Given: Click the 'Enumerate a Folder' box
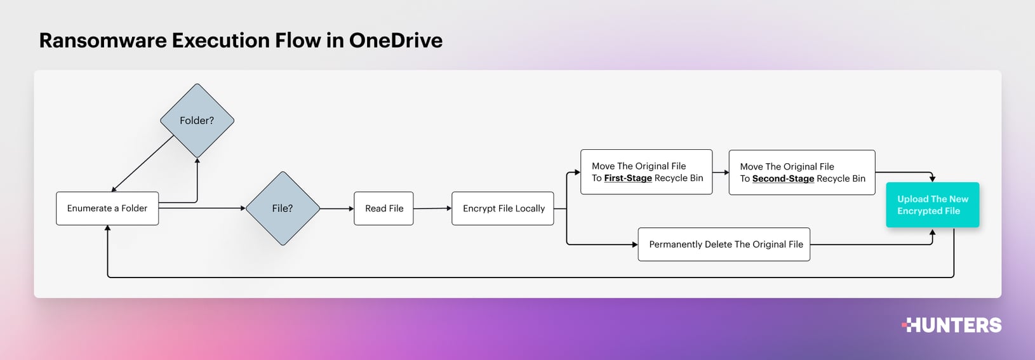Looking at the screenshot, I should click(107, 208).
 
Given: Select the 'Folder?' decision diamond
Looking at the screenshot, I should click(197, 121).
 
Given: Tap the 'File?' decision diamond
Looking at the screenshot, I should click(283, 208).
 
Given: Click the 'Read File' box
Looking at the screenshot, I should click(384, 208).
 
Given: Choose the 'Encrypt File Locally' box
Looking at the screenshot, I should click(503, 208).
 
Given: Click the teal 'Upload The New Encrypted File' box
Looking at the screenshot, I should click(932, 205).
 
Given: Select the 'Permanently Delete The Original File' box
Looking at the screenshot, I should click(724, 244).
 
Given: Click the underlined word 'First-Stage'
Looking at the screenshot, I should click(628, 178).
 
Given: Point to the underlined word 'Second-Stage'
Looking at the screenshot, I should click(783, 179).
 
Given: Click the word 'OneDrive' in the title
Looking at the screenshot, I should click(396, 41).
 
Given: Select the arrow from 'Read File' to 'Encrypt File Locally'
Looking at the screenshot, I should click(432, 208).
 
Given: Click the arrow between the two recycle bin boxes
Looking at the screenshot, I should click(721, 172).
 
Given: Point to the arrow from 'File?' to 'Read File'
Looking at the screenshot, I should click(337, 208).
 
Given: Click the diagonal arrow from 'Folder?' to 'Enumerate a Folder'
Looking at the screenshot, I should click(143, 163).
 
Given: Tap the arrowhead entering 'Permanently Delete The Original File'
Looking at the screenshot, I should click(634, 244).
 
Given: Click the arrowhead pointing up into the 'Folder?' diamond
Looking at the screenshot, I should click(197, 161).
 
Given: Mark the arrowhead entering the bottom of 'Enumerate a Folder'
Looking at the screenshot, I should click(108, 229).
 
